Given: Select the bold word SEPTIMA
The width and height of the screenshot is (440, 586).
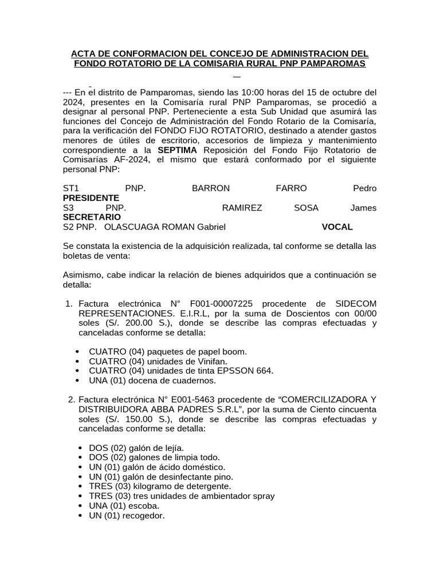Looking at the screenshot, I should [x=177, y=149].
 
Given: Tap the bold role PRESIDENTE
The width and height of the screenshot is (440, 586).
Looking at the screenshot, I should [x=91, y=197].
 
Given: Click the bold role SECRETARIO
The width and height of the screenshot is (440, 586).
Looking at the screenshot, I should [x=92, y=217].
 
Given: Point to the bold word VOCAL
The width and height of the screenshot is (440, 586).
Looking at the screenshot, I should [x=337, y=227].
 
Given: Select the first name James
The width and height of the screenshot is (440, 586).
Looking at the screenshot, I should [x=363, y=208].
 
